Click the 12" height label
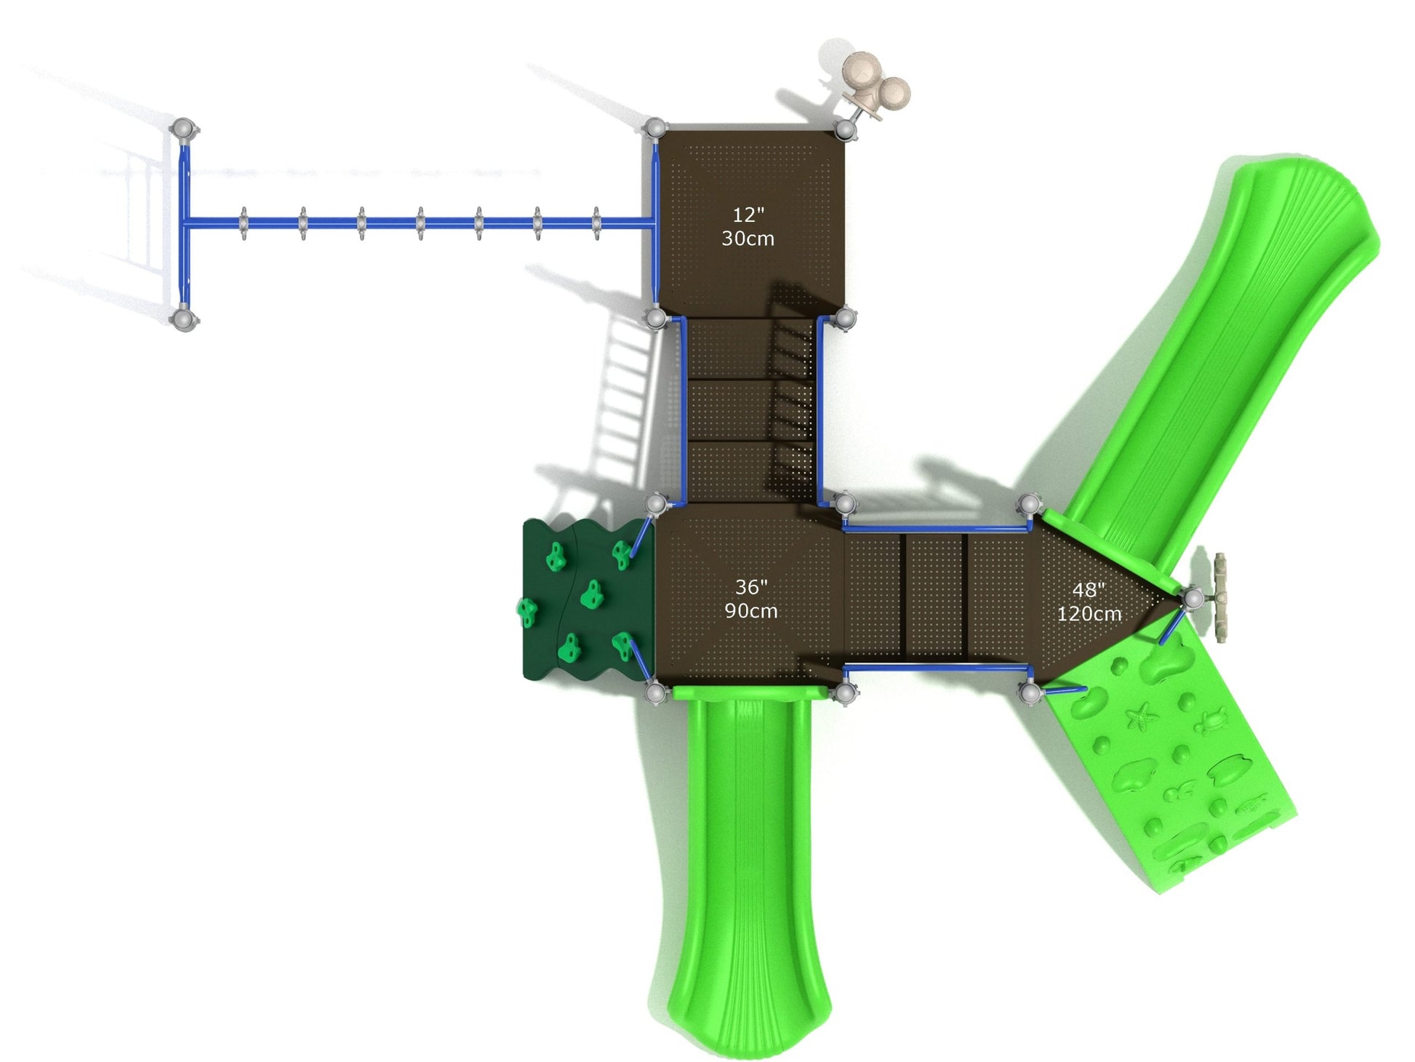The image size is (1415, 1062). [x=748, y=215]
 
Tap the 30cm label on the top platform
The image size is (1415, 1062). [x=747, y=239]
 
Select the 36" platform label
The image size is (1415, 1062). [x=751, y=587]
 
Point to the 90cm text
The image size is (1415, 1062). [x=751, y=610]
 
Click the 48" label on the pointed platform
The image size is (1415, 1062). [x=1089, y=590]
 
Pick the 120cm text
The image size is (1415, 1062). [x=1089, y=614]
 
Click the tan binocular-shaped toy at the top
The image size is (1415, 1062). [x=875, y=86]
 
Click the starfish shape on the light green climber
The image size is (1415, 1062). [x=1142, y=716]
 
